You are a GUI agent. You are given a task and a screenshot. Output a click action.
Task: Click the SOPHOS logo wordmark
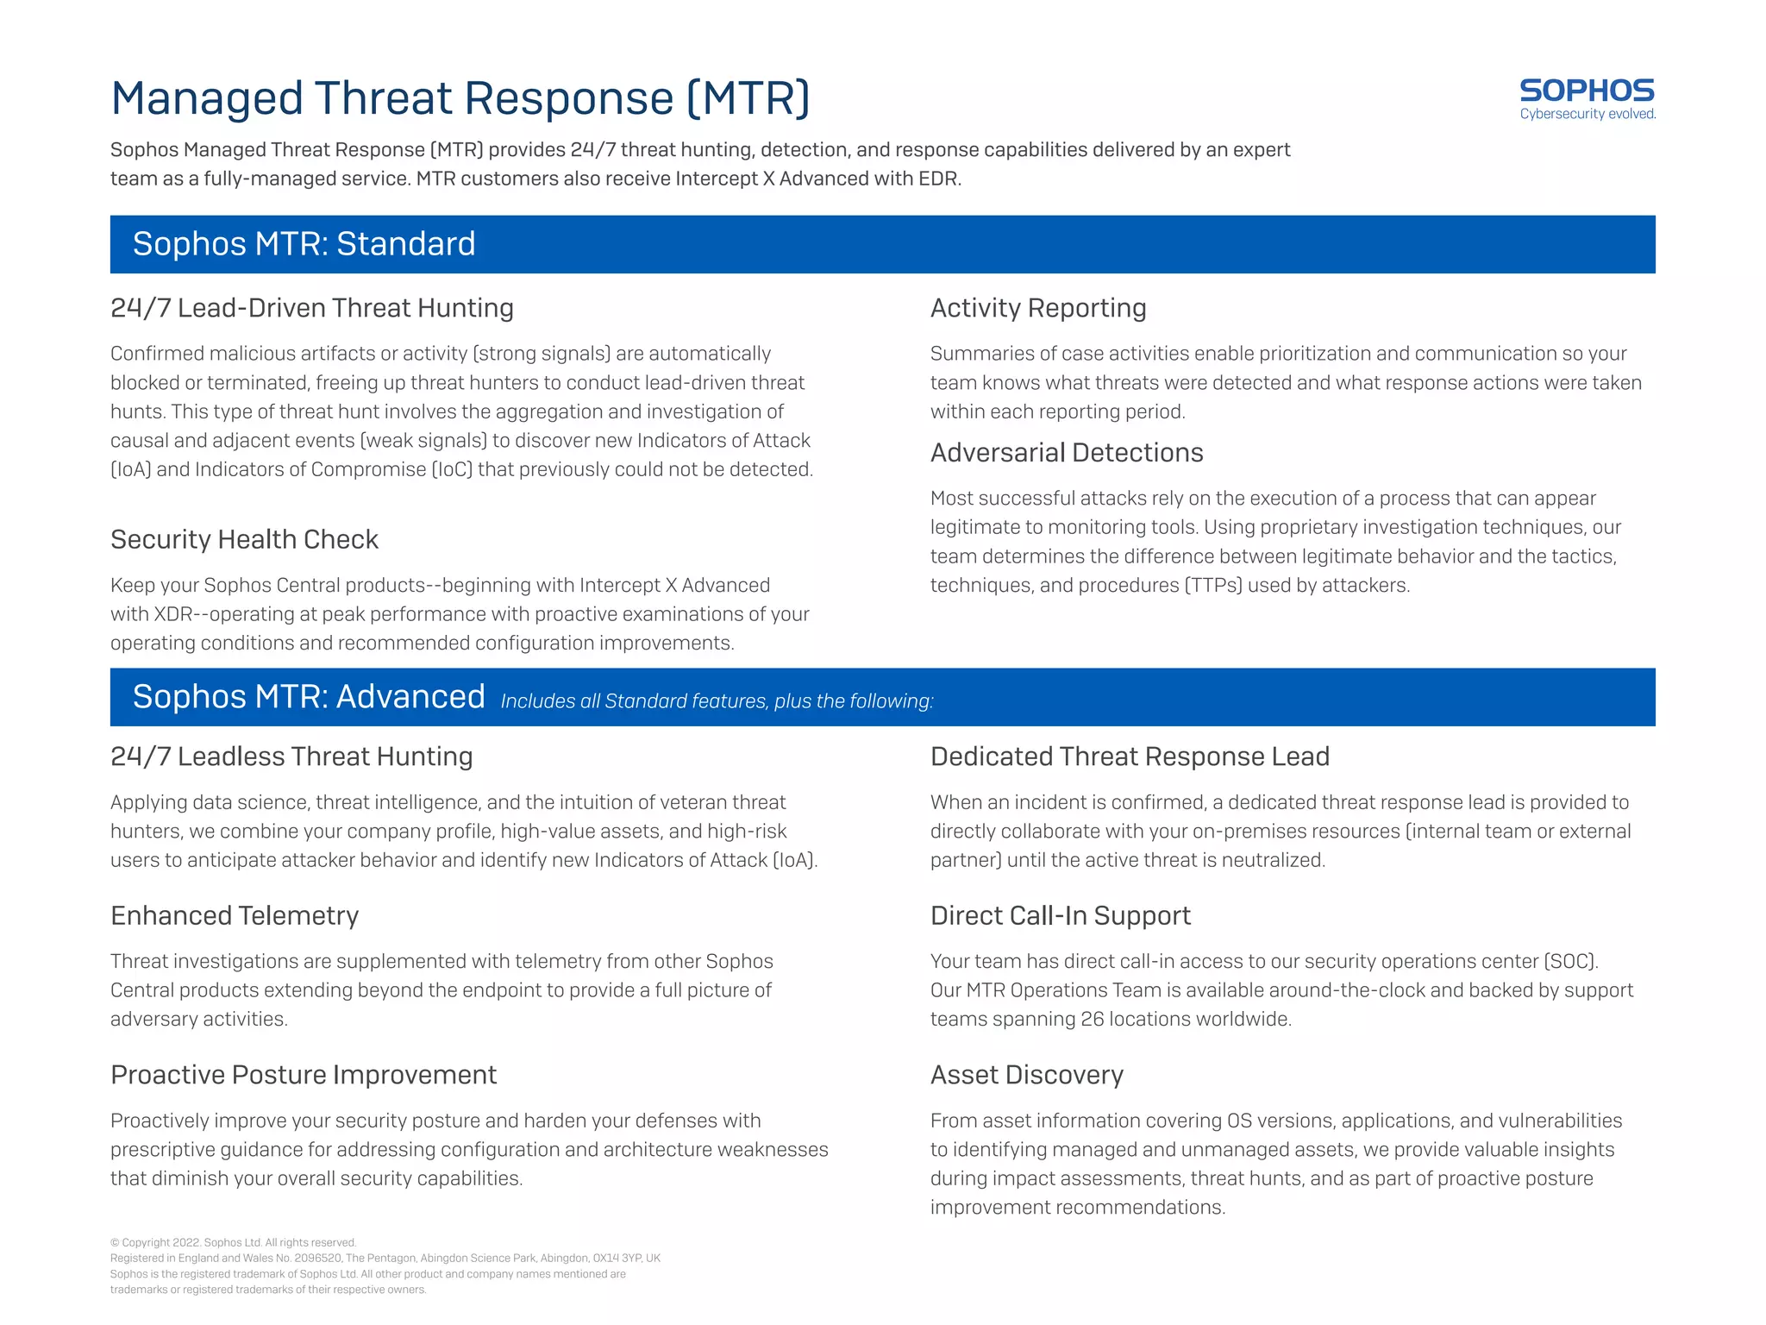click(x=1586, y=90)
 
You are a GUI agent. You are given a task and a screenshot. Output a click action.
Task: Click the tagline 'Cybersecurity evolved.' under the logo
click(x=1587, y=114)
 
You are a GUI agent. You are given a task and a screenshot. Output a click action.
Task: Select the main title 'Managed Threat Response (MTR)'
click(x=460, y=98)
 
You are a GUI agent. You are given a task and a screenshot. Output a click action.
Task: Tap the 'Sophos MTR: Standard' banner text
click(x=304, y=244)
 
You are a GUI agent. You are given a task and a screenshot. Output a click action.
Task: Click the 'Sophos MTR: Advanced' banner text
click(x=309, y=697)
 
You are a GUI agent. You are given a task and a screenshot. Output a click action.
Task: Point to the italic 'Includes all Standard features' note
click(x=717, y=701)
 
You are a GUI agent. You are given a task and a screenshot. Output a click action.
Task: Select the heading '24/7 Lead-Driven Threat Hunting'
click(x=311, y=308)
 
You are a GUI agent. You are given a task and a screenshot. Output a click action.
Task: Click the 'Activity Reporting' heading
click(x=1037, y=308)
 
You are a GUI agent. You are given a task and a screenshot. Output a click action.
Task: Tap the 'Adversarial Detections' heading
click(x=1066, y=453)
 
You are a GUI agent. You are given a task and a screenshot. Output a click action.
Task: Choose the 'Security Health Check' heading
click(x=244, y=539)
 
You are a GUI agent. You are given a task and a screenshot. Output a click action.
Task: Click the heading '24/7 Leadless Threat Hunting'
click(x=291, y=757)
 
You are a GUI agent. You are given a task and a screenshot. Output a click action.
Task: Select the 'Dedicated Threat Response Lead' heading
click(x=1129, y=757)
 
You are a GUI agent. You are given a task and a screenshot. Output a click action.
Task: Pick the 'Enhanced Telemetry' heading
click(x=235, y=915)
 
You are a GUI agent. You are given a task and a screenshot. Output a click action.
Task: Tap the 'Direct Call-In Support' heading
click(x=1060, y=915)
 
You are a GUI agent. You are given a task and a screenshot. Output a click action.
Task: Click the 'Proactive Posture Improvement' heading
click(x=304, y=1075)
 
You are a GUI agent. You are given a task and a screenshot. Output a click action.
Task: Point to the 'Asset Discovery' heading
click(x=1026, y=1075)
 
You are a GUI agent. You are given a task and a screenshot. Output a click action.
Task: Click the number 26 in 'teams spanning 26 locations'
click(x=1092, y=1020)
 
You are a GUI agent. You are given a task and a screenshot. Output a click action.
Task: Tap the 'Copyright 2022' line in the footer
click(x=233, y=1243)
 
